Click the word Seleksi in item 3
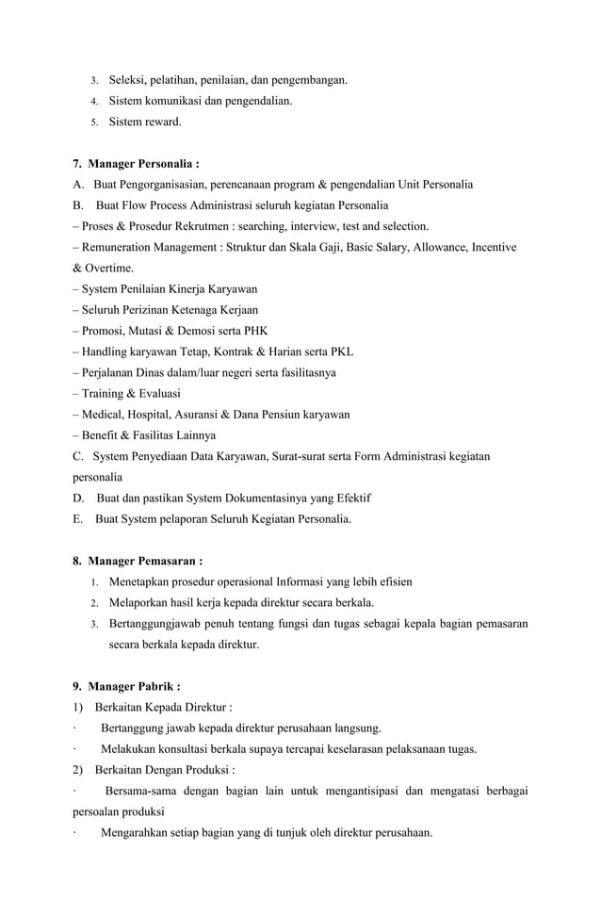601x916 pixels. pyautogui.click(x=128, y=80)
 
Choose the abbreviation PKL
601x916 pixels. pyautogui.click(x=341, y=352)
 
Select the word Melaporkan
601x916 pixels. pyautogui.click(x=140, y=603)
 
